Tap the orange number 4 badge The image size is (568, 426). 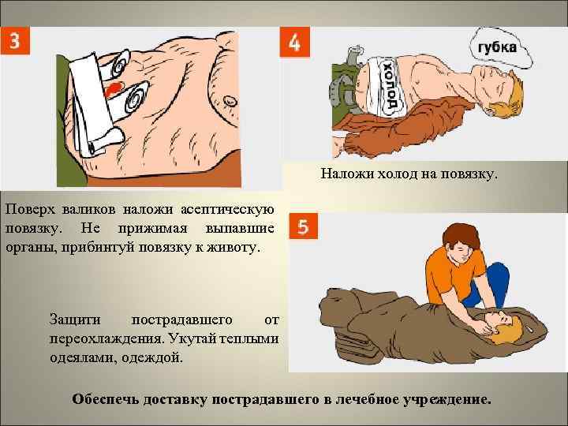tap(294, 43)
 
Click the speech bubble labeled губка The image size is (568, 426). tap(495, 48)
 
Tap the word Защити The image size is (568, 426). tap(76, 320)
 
